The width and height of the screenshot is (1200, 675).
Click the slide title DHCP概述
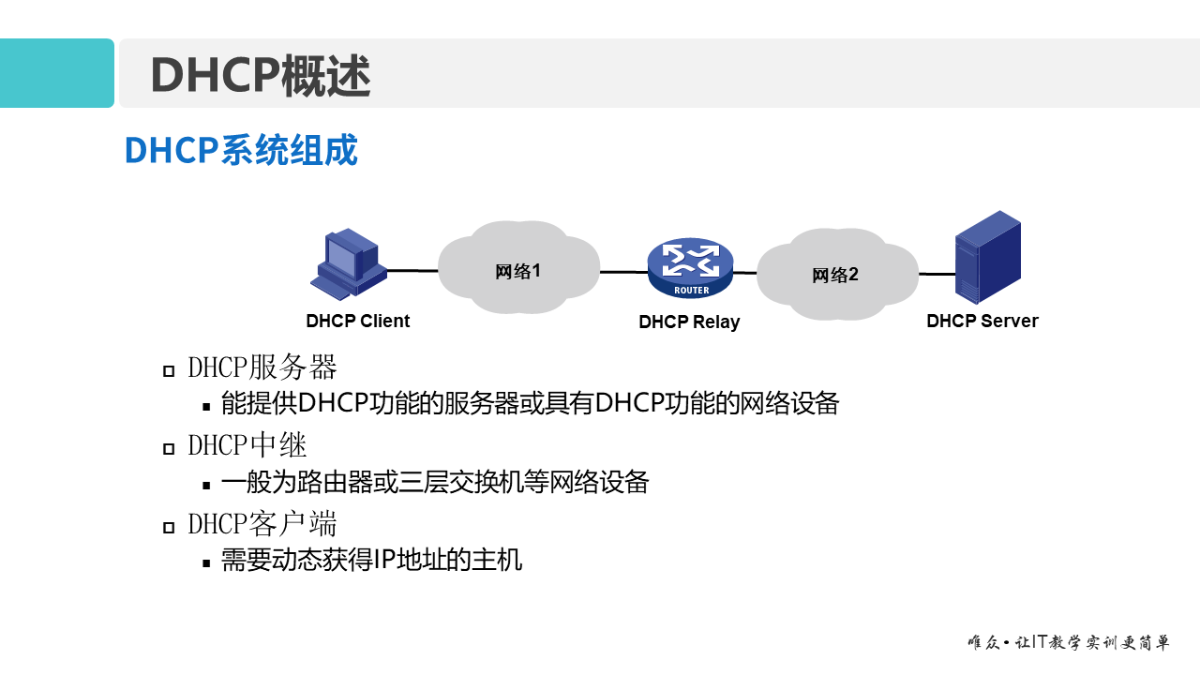tap(261, 75)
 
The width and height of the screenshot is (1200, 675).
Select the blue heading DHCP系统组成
tap(241, 150)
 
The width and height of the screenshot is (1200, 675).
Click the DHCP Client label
tap(357, 321)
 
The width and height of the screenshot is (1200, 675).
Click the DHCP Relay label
tap(689, 322)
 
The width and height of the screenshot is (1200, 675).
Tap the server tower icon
tap(987, 257)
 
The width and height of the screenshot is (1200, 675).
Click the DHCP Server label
tap(982, 321)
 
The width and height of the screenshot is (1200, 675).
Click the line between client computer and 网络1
tap(413, 270)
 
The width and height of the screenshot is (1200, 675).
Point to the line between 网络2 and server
tap(936, 274)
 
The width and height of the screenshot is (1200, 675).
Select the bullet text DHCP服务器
tap(262, 367)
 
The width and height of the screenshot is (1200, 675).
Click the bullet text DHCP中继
tap(247, 444)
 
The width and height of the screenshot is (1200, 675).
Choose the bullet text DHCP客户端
tap(262, 523)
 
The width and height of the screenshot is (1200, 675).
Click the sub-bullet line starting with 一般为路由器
tap(435, 483)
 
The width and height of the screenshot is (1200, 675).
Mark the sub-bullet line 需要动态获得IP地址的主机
tap(371, 561)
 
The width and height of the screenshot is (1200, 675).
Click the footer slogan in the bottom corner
tap(1068, 643)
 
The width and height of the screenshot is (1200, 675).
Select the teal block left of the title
tap(56, 73)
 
